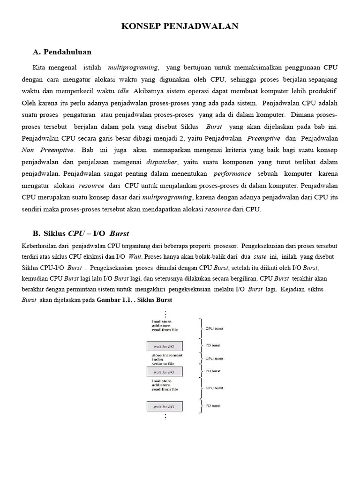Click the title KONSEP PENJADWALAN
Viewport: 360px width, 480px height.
[180, 27]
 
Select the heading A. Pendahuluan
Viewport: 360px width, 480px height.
[62, 52]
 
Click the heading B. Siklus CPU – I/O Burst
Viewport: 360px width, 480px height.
[81, 233]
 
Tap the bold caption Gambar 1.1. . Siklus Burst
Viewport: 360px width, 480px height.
[135, 300]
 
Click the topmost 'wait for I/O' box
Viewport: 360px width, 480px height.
[165, 346]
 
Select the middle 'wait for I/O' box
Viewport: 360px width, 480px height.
[165, 372]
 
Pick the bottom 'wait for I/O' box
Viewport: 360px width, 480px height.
[165, 406]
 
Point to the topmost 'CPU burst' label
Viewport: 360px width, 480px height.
[215, 329]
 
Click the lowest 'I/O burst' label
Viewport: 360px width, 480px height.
[213, 405]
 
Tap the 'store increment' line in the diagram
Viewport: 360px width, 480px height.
[167, 355]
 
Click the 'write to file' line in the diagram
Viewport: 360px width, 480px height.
[163, 364]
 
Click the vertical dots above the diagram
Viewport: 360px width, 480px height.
[165, 314]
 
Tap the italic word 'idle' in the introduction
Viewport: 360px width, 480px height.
[123, 90]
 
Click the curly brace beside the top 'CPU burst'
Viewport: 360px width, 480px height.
[201, 329]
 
